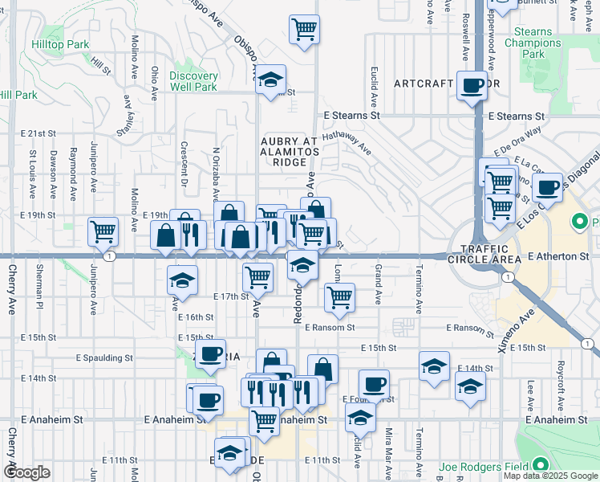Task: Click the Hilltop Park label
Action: click(x=60, y=45)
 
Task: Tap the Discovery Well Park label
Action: click(x=193, y=81)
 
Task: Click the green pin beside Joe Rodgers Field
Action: click(x=541, y=465)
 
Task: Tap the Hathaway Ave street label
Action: click(x=347, y=143)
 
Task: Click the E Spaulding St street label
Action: click(x=103, y=357)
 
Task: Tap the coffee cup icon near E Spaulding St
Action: click(x=211, y=353)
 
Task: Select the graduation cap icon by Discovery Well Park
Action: click(x=271, y=80)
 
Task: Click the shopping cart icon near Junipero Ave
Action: click(x=103, y=231)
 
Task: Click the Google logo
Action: click(x=26, y=472)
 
